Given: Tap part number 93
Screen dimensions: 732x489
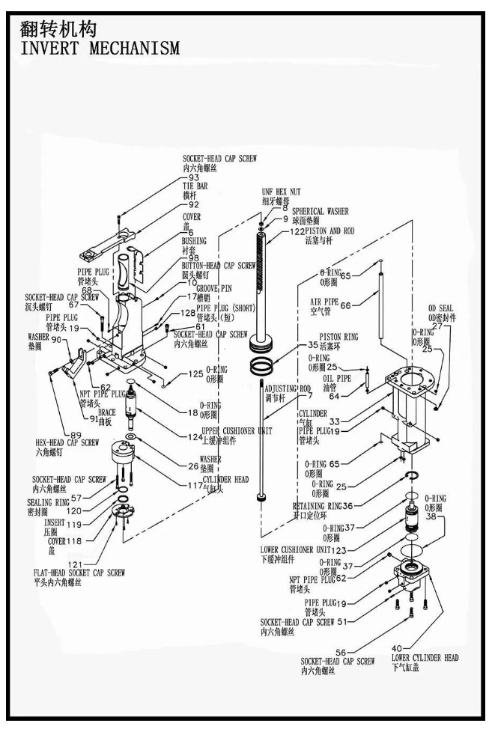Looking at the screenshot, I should click(193, 177).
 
